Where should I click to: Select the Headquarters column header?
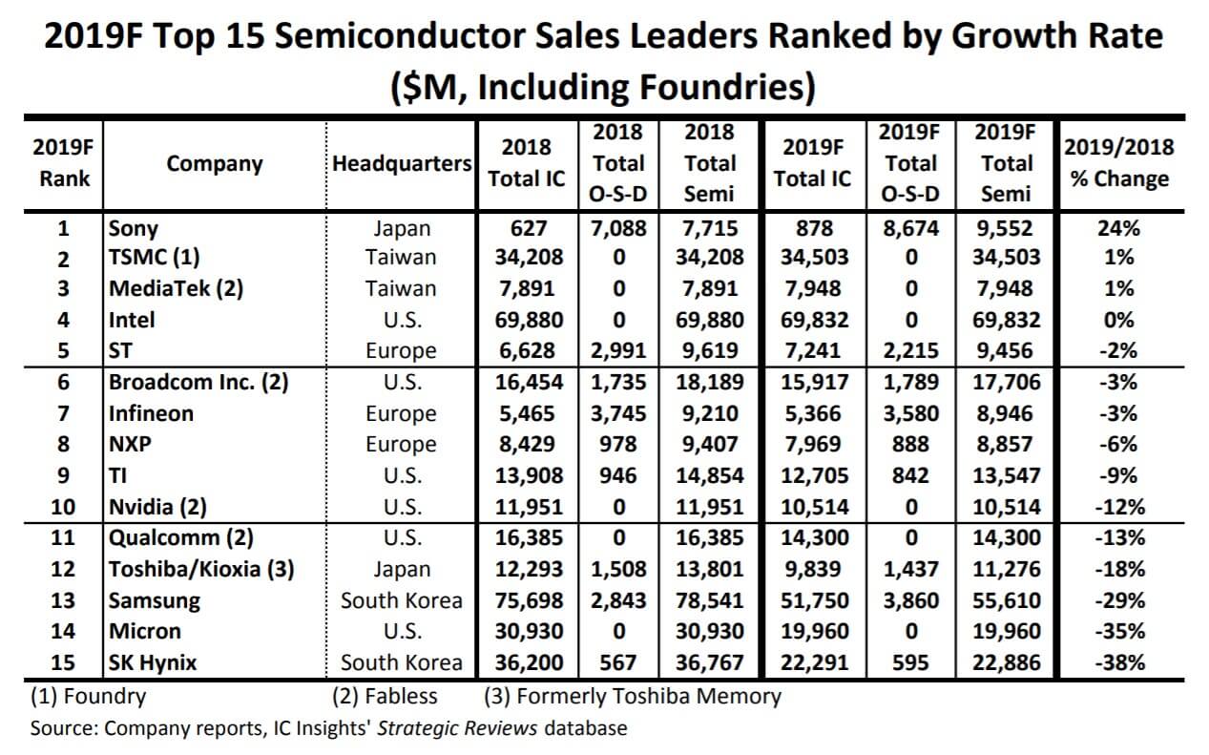pos(402,163)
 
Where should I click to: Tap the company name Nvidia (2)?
pos(157,507)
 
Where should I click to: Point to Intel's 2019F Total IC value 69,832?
pos(812,320)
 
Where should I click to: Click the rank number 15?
pos(62,661)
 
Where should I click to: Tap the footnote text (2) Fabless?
pos(387,696)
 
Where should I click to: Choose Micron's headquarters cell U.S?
pos(402,631)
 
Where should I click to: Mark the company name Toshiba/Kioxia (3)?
pos(200,570)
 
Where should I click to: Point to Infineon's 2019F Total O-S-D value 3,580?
pos(907,413)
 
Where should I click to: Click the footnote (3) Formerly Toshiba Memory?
pos(633,696)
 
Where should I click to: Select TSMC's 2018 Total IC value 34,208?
pos(528,258)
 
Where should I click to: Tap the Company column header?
pos(215,163)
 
